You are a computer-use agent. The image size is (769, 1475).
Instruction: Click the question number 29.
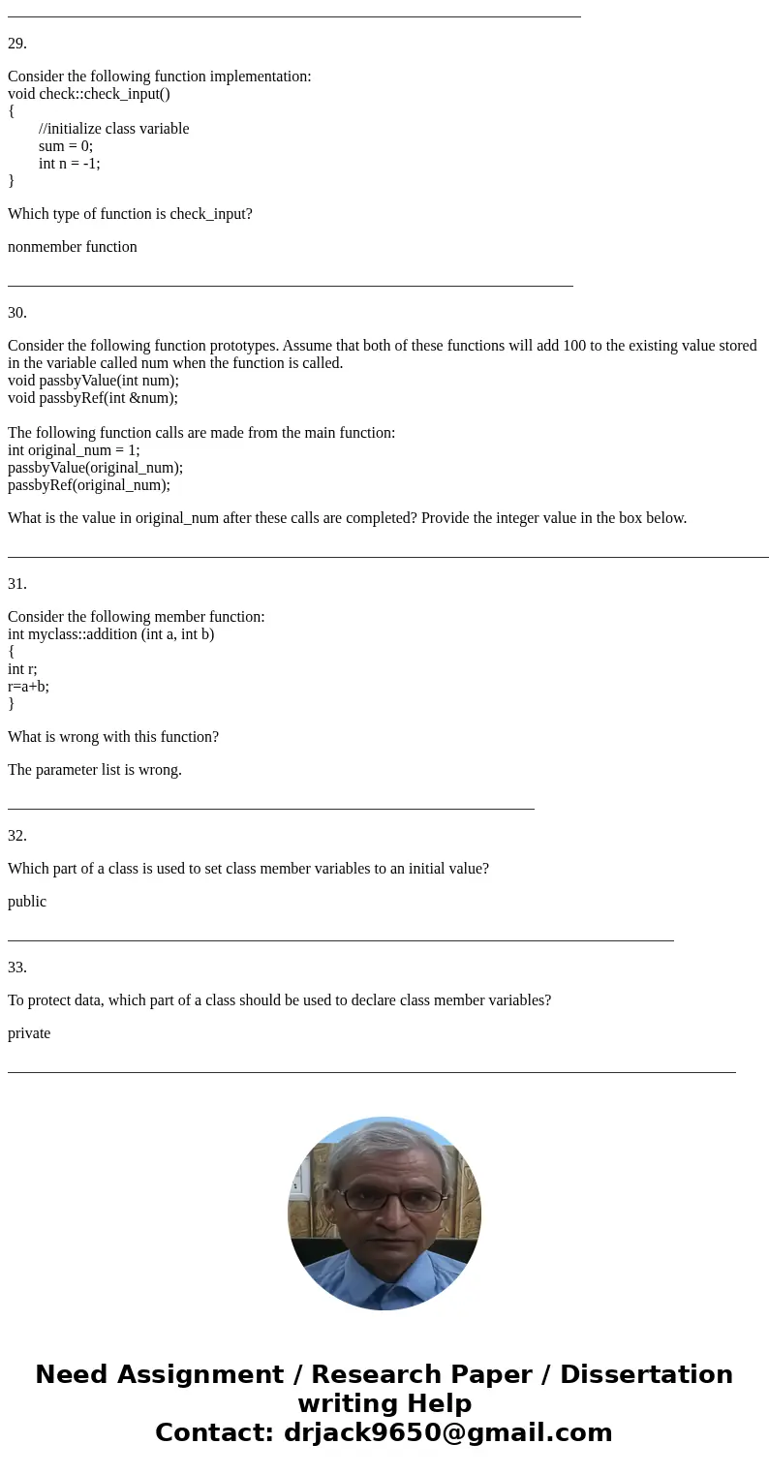pos(17,44)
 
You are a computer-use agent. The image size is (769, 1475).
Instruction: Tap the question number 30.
pos(17,313)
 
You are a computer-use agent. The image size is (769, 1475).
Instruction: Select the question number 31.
pos(17,584)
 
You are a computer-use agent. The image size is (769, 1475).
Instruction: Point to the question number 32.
pos(17,836)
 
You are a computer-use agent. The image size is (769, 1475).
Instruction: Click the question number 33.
pos(17,968)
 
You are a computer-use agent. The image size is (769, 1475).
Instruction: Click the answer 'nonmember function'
pos(73,247)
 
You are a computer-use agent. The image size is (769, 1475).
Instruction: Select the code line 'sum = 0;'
pos(66,146)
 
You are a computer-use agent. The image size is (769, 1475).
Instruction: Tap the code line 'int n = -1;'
pos(70,164)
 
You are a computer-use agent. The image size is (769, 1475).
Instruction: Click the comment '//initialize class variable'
pos(114,129)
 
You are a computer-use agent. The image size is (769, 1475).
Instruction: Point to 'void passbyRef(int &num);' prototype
pos(93,398)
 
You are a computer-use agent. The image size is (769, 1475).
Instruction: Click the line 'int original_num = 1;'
pos(74,450)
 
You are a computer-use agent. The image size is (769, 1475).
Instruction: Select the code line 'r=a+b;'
pos(28,687)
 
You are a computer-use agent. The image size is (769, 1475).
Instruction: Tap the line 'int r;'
pos(22,669)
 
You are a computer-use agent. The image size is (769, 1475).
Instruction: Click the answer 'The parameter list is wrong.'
pos(95,770)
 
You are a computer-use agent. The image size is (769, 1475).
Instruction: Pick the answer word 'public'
pos(27,902)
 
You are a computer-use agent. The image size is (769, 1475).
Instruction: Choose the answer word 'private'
pos(29,1033)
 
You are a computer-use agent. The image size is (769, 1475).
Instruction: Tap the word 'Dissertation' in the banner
pos(646,1374)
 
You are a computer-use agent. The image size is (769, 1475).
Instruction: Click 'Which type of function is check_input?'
pos(130,214)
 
